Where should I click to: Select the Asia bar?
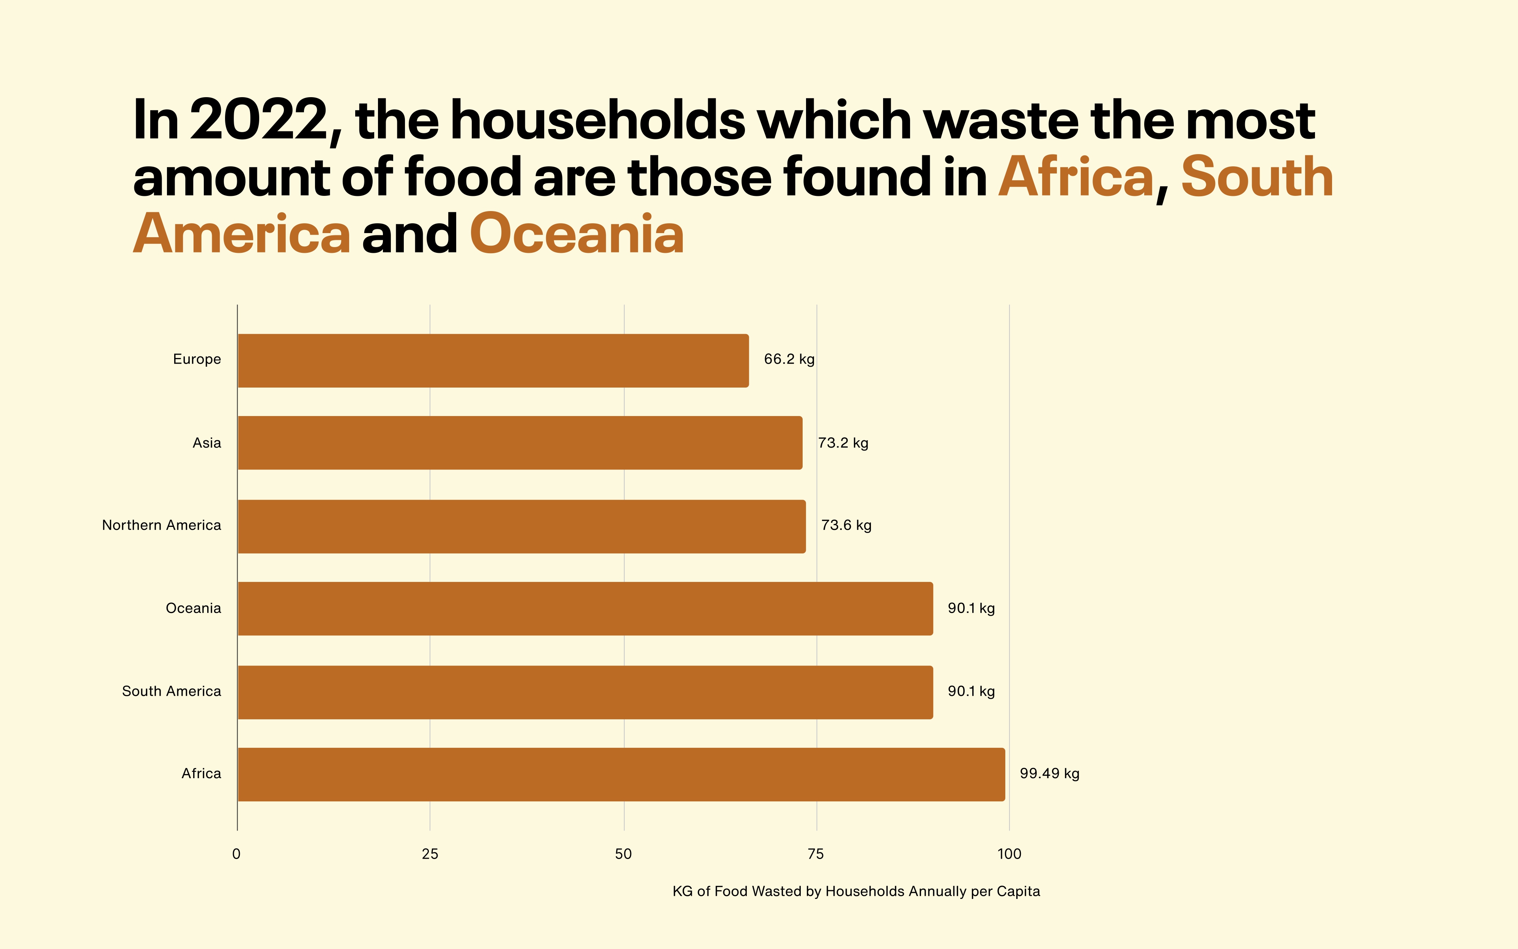tap(520, 443)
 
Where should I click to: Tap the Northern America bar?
tap(521, 526)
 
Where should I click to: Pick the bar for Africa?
tap(621, 774)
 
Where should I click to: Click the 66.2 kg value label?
tap(789, 359)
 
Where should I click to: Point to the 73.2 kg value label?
tap(843, 443)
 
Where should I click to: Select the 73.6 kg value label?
tap(846, 525)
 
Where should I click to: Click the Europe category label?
tap(197, 359)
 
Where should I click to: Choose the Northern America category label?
tap(162, 525)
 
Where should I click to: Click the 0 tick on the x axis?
tap(236, 854)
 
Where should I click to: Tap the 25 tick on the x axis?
tap(430, 854)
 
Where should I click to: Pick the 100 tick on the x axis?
tap(1009, 854)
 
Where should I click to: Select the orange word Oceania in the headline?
tap(576, 234)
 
